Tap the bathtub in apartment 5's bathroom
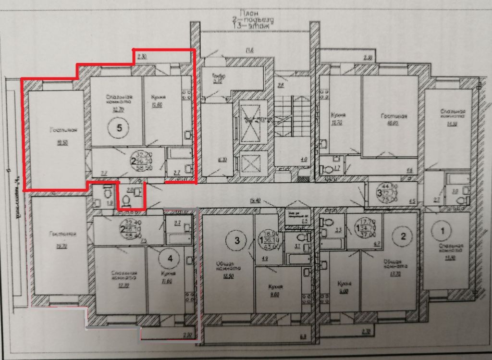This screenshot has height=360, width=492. pos(180,154)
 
